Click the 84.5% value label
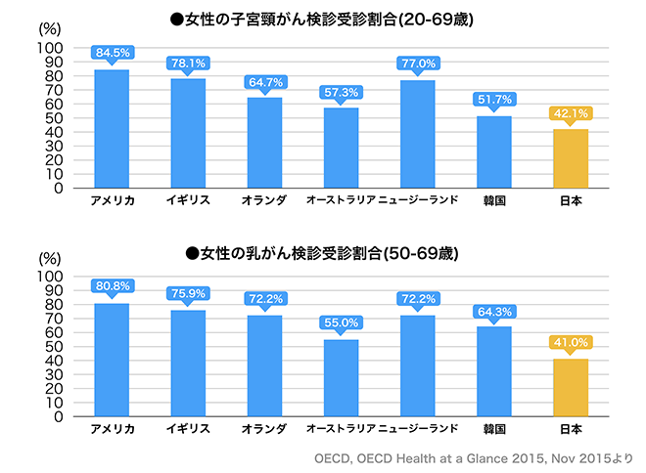(x=112, y=53)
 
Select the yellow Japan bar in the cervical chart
(x=571, y=158)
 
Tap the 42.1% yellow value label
(x=571, y=112)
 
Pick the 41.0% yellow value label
(x=571, y=342)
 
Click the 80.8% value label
(x=112, y=286)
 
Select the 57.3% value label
(x=342, y=91)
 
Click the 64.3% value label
(x=494, y=310)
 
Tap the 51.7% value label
(x=494, y=99)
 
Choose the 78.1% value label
(x=188, y=62)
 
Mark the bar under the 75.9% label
(x=188, y=364)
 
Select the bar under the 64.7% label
(x=264, y=143)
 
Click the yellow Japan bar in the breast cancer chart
(x=571, y=388)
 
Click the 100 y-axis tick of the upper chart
(x=51, y=48)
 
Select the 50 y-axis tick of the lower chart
(x=55, y=347)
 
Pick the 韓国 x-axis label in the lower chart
(x=494, y=430)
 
